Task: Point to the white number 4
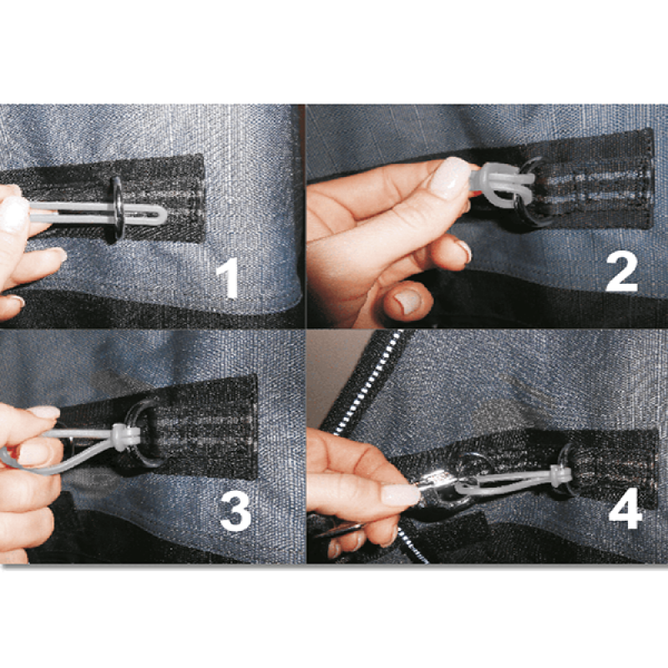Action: pos(625,508)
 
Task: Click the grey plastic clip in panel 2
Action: pos(502,184)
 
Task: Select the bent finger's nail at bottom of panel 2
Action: pos(407,301)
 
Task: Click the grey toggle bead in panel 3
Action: pos(126,437)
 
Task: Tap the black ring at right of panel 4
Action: pos(569,468)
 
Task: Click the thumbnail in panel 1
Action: pos(13,214)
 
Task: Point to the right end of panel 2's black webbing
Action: pos(652,179)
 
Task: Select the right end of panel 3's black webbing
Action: pos(256,426)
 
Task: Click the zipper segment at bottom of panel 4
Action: pos(411,544)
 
